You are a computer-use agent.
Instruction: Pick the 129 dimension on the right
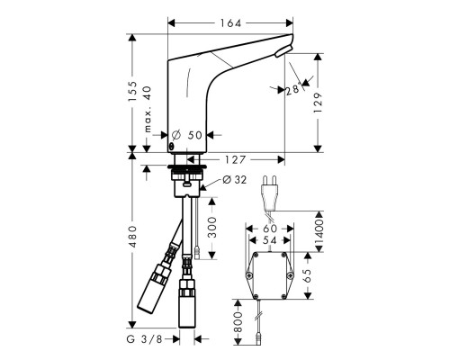click(x=331, y=110)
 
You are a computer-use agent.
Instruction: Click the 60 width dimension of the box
click(x=269, y=229)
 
